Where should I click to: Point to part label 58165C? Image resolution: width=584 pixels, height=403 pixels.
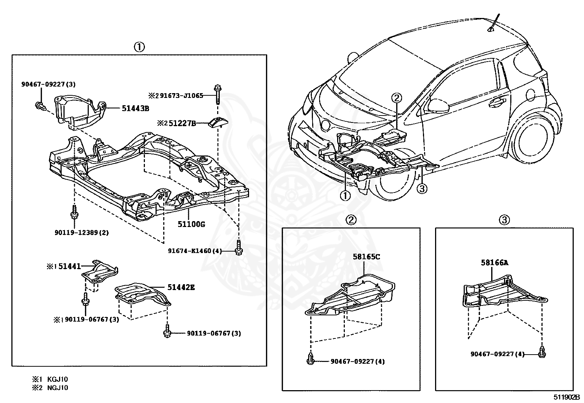tap(366, 257)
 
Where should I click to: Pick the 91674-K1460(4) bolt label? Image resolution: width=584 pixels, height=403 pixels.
tap(195, 251)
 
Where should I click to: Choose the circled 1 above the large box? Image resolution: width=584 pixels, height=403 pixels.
tap(139, 47)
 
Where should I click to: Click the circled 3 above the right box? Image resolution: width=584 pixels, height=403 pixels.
tap(504, 220)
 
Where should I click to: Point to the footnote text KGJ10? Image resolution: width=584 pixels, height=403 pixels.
tap(58, 379)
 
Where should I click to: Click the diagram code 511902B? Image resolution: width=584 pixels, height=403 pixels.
tap(567, 397)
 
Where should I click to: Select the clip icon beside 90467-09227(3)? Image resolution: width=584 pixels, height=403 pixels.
tap(40, 106)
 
